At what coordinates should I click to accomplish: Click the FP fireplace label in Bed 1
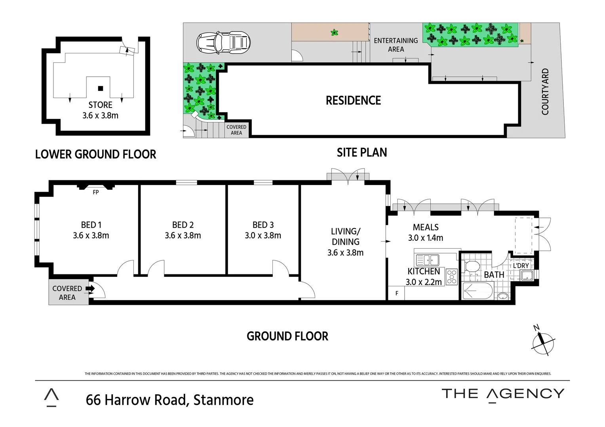coord(95,193)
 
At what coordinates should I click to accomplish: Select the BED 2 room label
coord(183,225)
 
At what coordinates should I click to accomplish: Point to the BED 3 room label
coord(263,225)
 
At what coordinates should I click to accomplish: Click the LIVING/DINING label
coord(345,236)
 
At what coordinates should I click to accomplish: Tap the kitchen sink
coord(427,260)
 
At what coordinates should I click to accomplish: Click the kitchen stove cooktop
coord(452,277)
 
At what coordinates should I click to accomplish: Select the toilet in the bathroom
coord(472,267)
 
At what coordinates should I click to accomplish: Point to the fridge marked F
coord(397,293)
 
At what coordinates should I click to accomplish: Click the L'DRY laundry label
coord(521,266)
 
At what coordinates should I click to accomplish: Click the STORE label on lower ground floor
coord(100,105)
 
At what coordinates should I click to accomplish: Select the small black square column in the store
coord(101,88)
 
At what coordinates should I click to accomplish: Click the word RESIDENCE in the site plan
coord(353,100)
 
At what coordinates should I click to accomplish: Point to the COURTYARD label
coord(545,92)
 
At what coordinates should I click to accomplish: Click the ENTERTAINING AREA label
coord(396,45)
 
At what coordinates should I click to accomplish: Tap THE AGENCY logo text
coord(503,394)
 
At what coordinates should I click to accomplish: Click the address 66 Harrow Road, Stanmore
coord(169,400)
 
